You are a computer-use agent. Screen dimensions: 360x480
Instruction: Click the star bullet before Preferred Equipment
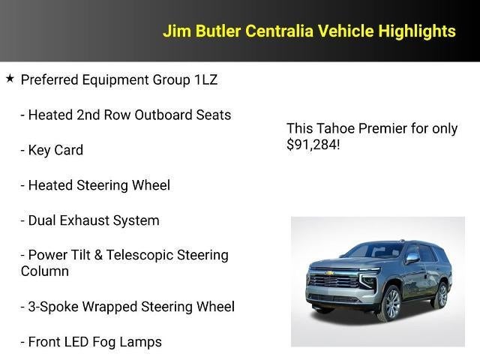(10, 78)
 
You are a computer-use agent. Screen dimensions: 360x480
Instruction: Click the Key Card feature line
(55, 150)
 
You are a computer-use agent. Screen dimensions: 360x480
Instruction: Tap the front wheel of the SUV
(390, 302)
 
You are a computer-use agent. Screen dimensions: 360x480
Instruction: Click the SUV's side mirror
(412, 258)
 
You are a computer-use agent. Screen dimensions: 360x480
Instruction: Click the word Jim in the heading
(177, 31)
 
